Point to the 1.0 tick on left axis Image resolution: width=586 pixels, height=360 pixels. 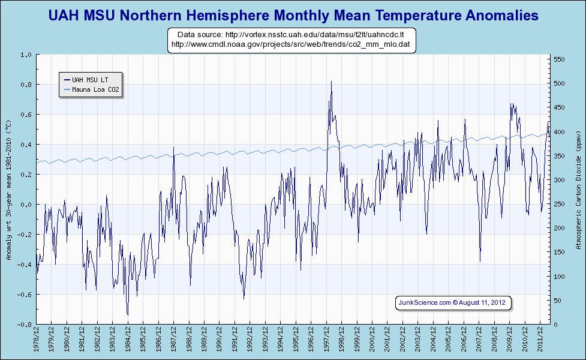tap(26, 55)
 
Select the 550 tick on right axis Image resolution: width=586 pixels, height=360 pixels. tap(559, 59)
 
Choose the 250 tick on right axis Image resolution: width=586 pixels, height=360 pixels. tap(559, 204)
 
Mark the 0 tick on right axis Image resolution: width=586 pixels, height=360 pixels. tap(555, 325)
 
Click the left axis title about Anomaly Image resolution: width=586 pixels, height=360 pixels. tap(8, 190)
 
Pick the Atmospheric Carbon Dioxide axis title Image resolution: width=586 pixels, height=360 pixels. tap(578, 190)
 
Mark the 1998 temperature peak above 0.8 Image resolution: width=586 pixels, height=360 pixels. tap(331, 82)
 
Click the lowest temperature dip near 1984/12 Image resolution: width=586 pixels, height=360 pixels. tap(128, 314)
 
